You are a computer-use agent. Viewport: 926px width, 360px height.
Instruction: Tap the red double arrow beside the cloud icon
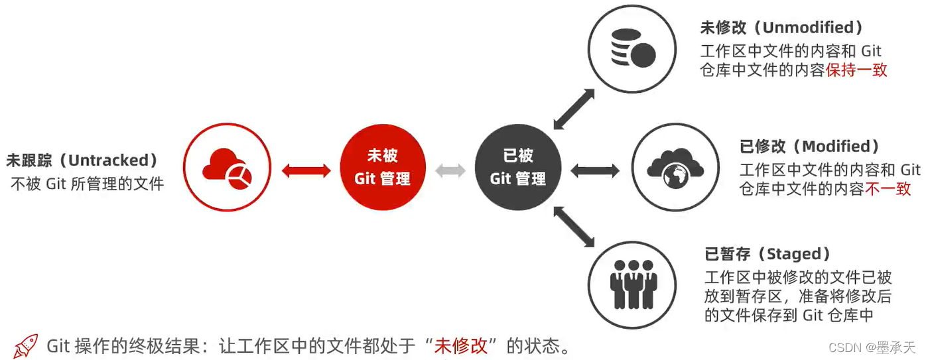pos(306,170)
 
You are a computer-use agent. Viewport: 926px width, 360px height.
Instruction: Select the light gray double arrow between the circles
pos(450,170)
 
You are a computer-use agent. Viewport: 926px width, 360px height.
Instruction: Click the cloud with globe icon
pos(675,166)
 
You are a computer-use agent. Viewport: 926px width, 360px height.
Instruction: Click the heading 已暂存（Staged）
pos(767,254)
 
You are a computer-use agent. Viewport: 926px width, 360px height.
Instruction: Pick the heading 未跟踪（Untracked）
pos(82,160)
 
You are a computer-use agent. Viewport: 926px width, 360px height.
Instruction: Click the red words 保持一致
pos(856,70)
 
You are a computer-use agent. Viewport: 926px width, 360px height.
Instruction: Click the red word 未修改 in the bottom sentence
pos(461,346)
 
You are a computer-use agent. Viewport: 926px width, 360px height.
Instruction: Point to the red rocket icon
pos(26,346)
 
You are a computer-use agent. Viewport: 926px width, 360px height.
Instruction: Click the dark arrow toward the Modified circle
pos(595,170)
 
